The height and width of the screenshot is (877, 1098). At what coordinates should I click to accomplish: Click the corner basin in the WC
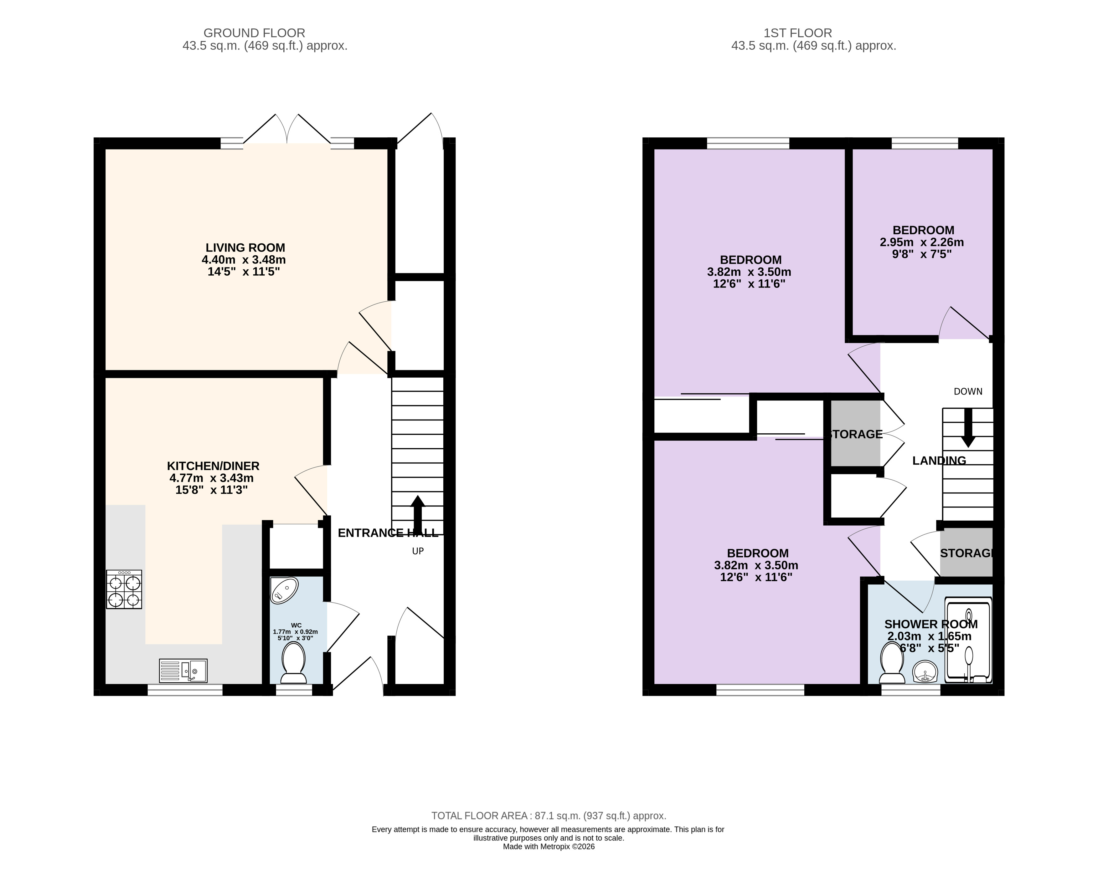click(284, 590)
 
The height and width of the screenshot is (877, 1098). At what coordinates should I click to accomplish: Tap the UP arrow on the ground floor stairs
click(418, 514)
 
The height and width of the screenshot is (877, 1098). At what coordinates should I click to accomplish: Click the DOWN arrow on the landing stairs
click(968, 428)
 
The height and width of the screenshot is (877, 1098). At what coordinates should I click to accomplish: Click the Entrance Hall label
click(388, 533)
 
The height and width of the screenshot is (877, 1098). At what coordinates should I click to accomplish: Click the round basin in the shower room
click(925, 672)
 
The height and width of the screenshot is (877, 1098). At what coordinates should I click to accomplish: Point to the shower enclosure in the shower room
click(968, 640)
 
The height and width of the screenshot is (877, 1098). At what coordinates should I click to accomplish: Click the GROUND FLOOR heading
click(254, 33)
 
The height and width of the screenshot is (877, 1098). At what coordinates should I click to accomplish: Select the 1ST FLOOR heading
click(797, 33)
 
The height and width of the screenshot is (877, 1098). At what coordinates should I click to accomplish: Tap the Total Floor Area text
click(549, 816)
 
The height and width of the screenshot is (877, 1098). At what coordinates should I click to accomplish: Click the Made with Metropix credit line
click(549, 847)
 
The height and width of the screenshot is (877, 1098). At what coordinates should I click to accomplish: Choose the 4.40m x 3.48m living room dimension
click(244, 260)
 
